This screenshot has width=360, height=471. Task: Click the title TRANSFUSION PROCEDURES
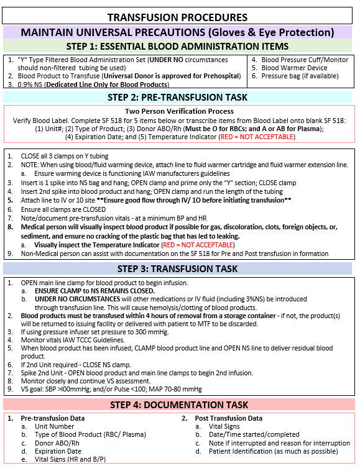pos(177,17)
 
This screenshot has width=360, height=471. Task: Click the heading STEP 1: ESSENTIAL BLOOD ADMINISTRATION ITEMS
pos(177,46)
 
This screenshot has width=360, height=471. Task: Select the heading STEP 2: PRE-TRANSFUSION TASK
pos(177,97)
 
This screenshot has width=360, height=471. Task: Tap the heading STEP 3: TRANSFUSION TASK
pos(177,268)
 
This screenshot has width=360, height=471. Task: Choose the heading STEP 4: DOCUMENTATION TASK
pos(177,405)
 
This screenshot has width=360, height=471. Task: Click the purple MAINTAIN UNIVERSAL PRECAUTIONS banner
pos(177,32)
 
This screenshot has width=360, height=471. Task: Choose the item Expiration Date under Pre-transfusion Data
pos(58,451)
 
